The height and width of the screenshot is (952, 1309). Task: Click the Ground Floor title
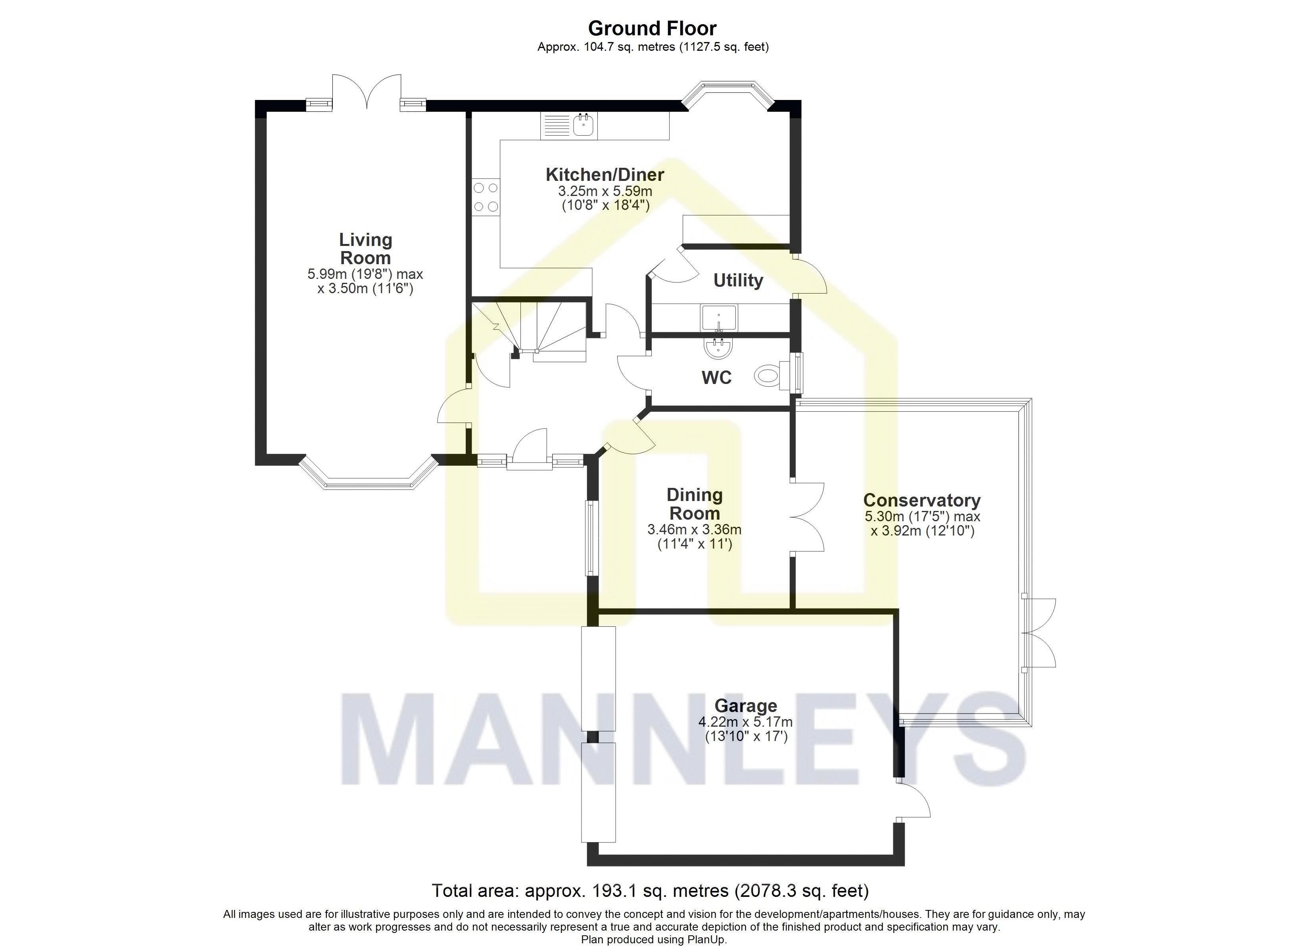tap(652, 28)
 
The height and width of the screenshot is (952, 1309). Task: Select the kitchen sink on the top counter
tap(585, 125)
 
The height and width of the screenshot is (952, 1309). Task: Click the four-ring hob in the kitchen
tap(486, 197)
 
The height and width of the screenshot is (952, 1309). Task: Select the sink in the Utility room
tap(719, 317)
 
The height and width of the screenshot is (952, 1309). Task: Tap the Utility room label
tap(738, 280)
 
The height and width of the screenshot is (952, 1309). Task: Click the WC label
tap(716, 378)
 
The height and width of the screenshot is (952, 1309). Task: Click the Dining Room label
tap(694, 504)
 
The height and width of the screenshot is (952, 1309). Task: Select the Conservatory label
tap(922, 500)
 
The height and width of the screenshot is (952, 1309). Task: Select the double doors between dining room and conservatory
tap(807, 518)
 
